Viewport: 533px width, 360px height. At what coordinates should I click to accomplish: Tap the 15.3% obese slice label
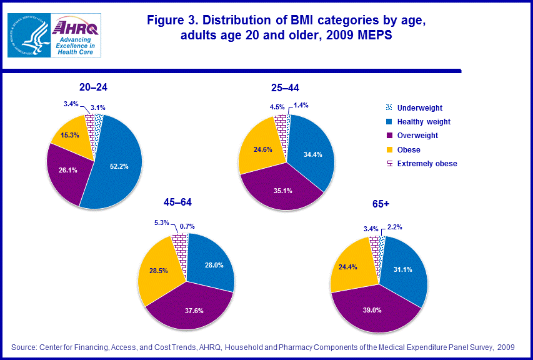69,135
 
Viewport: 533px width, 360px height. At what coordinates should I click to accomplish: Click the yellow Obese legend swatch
389,150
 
